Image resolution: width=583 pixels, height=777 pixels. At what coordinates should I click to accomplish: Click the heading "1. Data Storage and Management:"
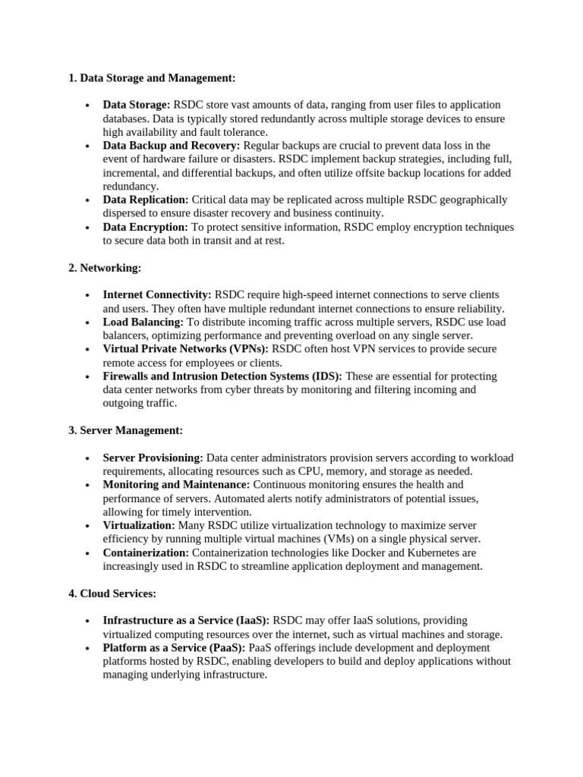tap(152, 77)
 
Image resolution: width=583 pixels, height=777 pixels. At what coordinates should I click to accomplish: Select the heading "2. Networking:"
tap(105, 268)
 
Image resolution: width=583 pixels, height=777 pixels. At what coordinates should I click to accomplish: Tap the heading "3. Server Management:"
tap(125, 431)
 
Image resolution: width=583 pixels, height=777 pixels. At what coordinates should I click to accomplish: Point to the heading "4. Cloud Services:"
tap(112, 593)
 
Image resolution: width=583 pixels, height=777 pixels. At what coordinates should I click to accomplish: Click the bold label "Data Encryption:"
tap(145, 227)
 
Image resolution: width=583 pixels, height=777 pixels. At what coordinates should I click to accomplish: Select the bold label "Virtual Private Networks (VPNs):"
tap(186, 349)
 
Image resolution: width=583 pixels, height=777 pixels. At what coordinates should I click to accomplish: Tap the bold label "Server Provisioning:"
tap(153, 458)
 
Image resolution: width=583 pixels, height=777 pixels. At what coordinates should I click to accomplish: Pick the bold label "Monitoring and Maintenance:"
tap(176, 484)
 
